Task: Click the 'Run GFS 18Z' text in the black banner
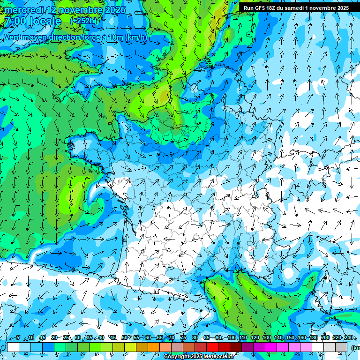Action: [259, 8]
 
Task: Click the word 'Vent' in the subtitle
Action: [13, 37]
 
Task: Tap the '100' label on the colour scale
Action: [232, 338]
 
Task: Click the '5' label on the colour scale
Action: [18, 338]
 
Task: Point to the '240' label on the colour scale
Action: [349, 338]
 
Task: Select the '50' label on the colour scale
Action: [124, 338]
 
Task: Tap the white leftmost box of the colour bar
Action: [13, 347]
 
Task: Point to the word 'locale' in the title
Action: [45, 21]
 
